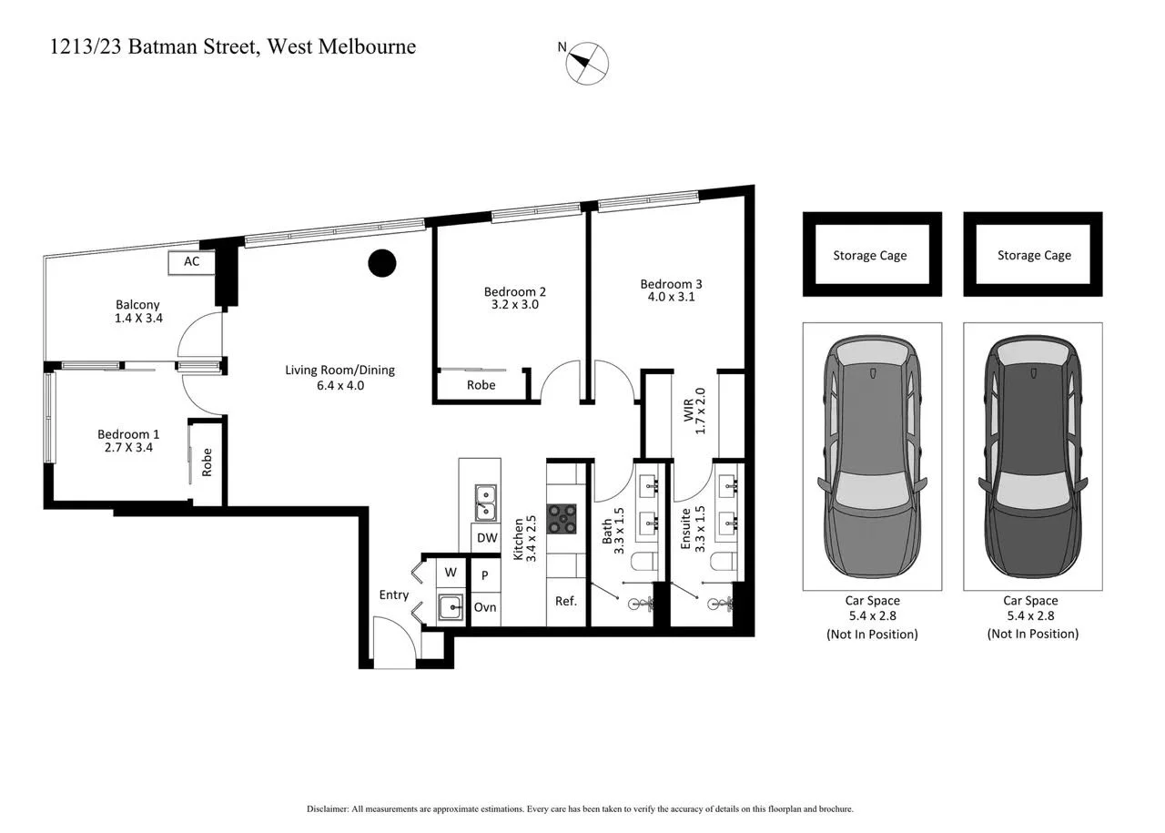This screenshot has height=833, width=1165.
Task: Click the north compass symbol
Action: point(587,64)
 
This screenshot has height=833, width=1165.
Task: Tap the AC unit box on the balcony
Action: point(191,262)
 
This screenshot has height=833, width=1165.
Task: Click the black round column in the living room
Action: point(382,263)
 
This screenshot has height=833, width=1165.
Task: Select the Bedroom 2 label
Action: point(514,291)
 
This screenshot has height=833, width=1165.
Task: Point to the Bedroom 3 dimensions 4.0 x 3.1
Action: point(671,297)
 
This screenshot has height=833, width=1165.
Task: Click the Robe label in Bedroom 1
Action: point(208,462)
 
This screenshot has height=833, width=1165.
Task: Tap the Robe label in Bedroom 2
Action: point(481,385)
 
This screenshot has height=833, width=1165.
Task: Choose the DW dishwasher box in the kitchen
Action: point(487,538)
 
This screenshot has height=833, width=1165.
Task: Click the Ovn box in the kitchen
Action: point(486,607)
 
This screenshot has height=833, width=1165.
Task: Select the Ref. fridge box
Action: point(566,602)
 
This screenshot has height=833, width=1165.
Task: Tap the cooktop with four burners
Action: point(562,518)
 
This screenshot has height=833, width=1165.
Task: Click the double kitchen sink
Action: point(485,503)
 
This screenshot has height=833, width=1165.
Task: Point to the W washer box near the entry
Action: point(450,574)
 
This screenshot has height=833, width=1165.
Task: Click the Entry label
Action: point(394,595)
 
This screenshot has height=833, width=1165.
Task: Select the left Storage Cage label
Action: point(870,256)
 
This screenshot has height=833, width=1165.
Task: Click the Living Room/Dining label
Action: point(339,378)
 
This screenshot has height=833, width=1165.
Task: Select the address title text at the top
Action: point(234,47)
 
